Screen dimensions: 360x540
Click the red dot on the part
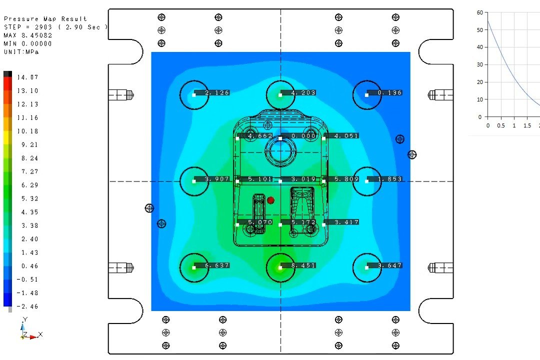pyautogui.click(x=270, y=200)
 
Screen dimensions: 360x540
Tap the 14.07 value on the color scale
pyautogui.click(x=28, y=77)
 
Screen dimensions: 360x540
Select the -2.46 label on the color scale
pyautogui.click(x=28, y=306)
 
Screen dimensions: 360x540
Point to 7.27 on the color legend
pyautogui.click(x=28, y=172)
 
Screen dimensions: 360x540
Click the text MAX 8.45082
pyautogui.click(x=28, y=35)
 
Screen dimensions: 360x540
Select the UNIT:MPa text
pyautogui.click(x=21, y=51)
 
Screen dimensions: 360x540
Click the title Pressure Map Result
pyautogui.click(x=45, y=19)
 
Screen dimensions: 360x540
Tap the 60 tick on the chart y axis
pyautogui.click(x=479, y=12)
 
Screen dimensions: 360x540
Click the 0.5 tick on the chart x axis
pyautogui.click(x=501, y=125)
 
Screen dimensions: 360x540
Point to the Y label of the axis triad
pyautogui.click(x=24, y=318)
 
